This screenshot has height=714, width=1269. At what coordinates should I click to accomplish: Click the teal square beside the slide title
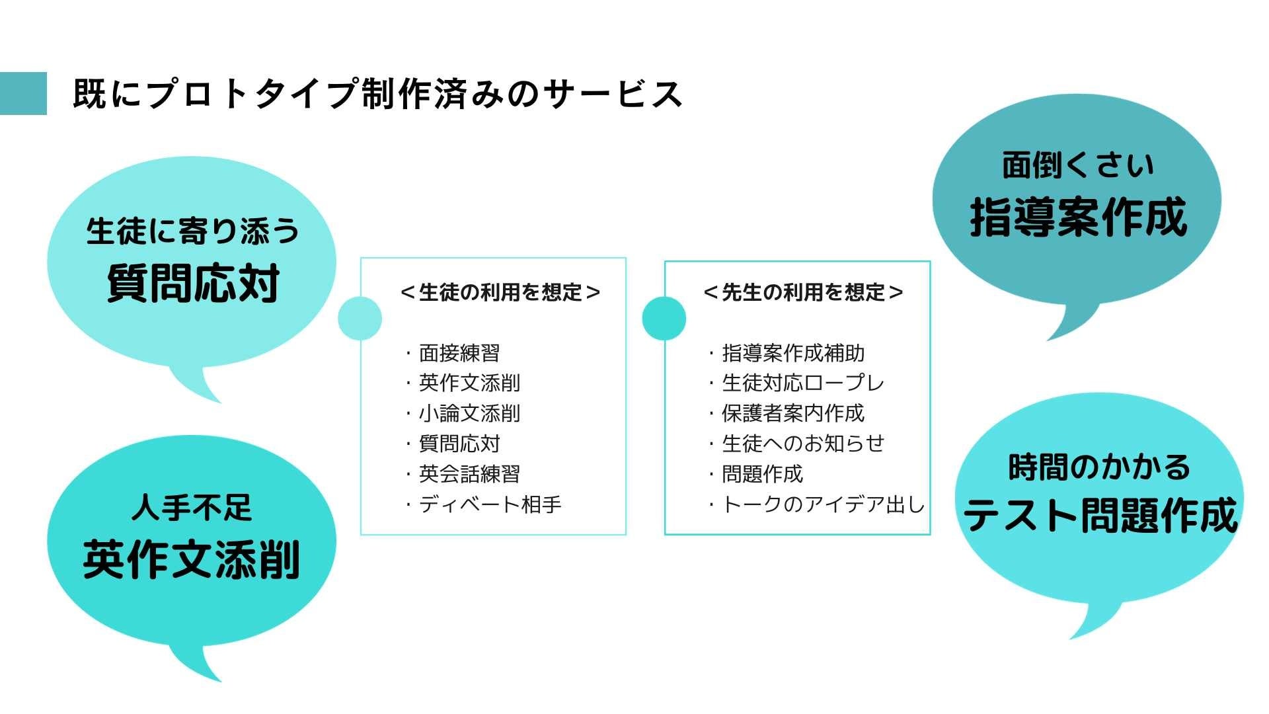[x=23, y=93]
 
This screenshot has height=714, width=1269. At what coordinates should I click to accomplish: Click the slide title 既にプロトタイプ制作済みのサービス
[x=377, y=94]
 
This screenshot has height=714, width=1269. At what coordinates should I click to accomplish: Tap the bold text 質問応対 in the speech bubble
[x=193, y=283]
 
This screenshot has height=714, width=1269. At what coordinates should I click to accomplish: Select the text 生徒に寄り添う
[x=193, y=231]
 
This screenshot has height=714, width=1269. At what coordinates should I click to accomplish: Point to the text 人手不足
[x=192, y=507]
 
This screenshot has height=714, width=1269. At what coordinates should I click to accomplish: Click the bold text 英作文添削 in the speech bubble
[x=192, y=559]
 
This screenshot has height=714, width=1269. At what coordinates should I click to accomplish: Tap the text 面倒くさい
[x=1078, y=165]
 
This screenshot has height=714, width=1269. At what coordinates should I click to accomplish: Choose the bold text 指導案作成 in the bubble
[x=1078, y=217]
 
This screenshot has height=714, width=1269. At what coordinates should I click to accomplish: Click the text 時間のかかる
[x=1099, y=467]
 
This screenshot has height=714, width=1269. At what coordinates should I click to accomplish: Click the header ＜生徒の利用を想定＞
[x=500, y=292]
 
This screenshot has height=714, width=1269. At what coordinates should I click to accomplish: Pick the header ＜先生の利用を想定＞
[x=803, y=292]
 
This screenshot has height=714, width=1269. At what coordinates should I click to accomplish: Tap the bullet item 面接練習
[x=459, y=353]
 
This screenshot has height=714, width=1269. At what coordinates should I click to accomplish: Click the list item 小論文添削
[x=469, y=414]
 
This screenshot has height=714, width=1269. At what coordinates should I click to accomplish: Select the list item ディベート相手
[x=490, y=504]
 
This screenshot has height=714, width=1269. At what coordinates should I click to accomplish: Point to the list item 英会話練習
[x=469, y=474]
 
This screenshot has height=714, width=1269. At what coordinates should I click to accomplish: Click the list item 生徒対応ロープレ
[x=802, y=383]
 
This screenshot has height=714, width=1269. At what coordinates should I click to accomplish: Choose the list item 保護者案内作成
[x=792, y=413]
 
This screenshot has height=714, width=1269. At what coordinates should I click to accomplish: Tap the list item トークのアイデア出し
[x=823, y=504]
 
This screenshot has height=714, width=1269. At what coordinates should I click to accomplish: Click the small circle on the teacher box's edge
[x=664, y=319]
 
